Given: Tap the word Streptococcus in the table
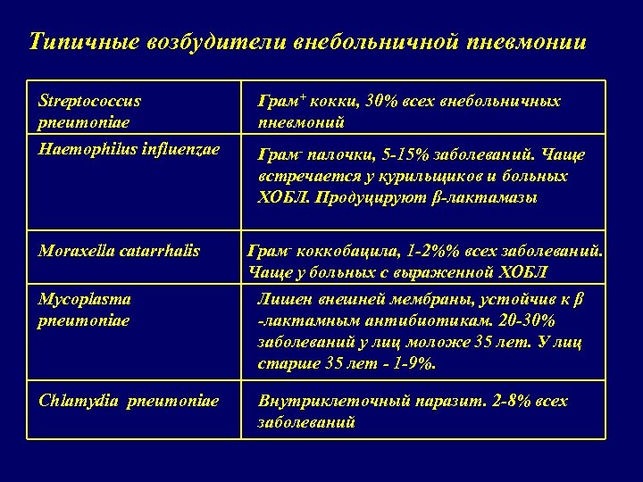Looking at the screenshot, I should pyautogui.click(x=89, y=101).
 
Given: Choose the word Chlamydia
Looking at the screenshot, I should pyautogui.click(x=79, y=401).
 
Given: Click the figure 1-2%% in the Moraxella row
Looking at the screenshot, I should pyautogui.click(x=425, y=252).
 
